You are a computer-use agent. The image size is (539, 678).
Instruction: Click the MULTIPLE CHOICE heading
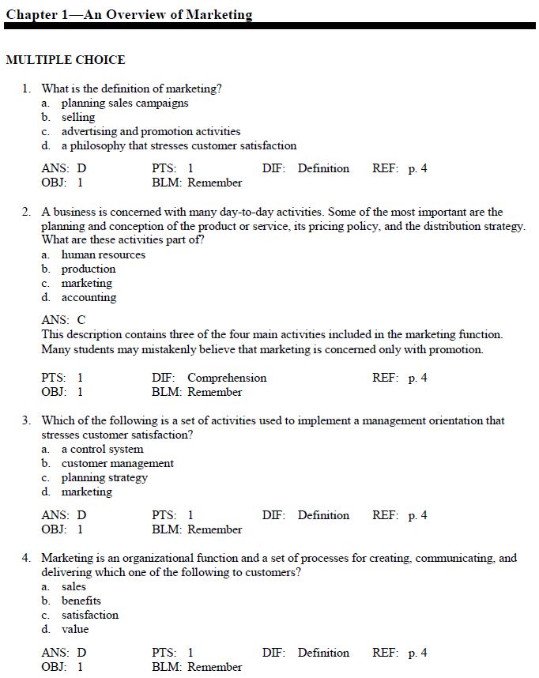[x=66, y=60]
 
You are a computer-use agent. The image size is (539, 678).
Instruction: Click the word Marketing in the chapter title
[x=219, y=14]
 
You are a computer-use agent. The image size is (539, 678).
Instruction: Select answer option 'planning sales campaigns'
[x=125, y=103]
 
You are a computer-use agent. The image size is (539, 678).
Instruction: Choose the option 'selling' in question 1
[x=78, y=117]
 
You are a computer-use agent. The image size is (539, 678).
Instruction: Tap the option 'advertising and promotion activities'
[x=151, y=131]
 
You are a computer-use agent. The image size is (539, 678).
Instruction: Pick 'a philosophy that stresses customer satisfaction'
[x=179, y=145]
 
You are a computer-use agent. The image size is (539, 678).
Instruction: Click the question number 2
[x=26, y=212]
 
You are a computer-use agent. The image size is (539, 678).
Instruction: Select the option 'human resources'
[x=104, y=254]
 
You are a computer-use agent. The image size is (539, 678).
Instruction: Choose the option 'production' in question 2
[x=89, y=269]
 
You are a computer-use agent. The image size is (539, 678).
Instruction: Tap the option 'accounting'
[x=89, y=297]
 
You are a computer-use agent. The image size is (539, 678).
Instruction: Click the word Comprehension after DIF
[x=227, y=378]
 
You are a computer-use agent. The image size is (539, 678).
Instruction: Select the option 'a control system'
[x=103, y=449]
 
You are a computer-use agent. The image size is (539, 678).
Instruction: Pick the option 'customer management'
[x=118, y=463]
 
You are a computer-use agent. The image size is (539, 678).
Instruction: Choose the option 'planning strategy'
[x=104, y=477]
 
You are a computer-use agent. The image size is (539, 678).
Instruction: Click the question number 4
[x=26, y=558]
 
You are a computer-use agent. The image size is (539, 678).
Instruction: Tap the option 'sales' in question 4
[x=73, y=586]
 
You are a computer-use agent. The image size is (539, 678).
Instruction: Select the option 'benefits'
[x=81, y=601]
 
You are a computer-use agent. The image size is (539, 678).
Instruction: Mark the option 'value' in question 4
[x=75, y=629]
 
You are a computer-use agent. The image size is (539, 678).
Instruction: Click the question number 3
[x=26, y=420]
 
